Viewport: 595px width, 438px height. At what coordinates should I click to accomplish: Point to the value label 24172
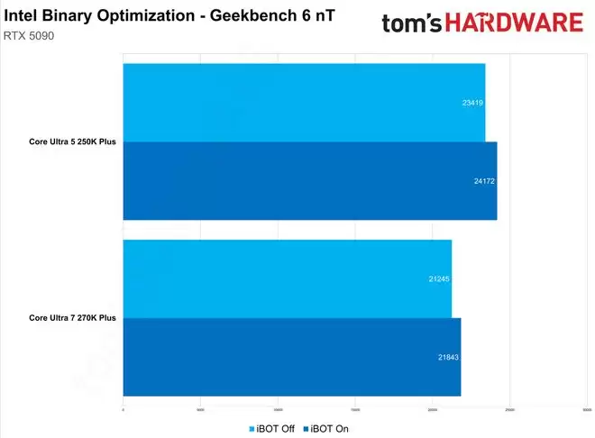(483, 181)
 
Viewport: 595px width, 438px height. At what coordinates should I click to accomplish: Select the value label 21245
(438, 278)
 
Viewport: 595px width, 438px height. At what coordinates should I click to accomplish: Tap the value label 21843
(447, 357)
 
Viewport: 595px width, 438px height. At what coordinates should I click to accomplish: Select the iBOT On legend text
(329, 429)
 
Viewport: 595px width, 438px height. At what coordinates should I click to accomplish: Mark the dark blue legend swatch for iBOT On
(305, 429)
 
